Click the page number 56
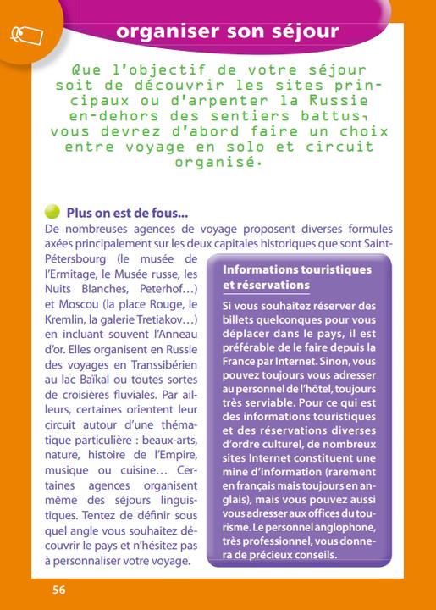58,590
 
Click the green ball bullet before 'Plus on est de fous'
52,212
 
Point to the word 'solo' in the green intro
265,147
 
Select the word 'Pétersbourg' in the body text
75,258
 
